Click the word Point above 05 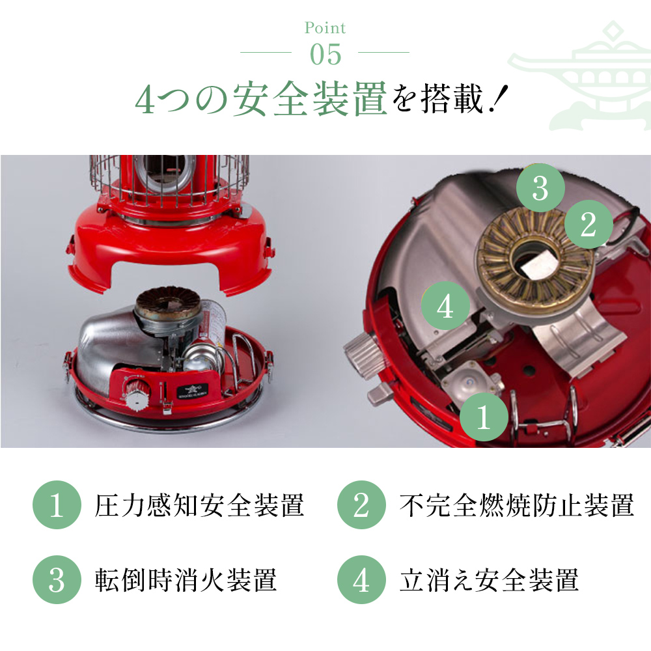[x=325, y=28]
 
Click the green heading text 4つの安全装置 [x=261, y=99]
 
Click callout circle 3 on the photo [x=540, y=188]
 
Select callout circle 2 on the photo [x=588, y=225]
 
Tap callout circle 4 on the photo [x=445, y=307]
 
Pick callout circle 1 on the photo [x=483, y=418]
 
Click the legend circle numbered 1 [x=57, y=505]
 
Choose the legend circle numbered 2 [x=361, y=505]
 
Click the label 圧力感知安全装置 [x=199, y=505]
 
